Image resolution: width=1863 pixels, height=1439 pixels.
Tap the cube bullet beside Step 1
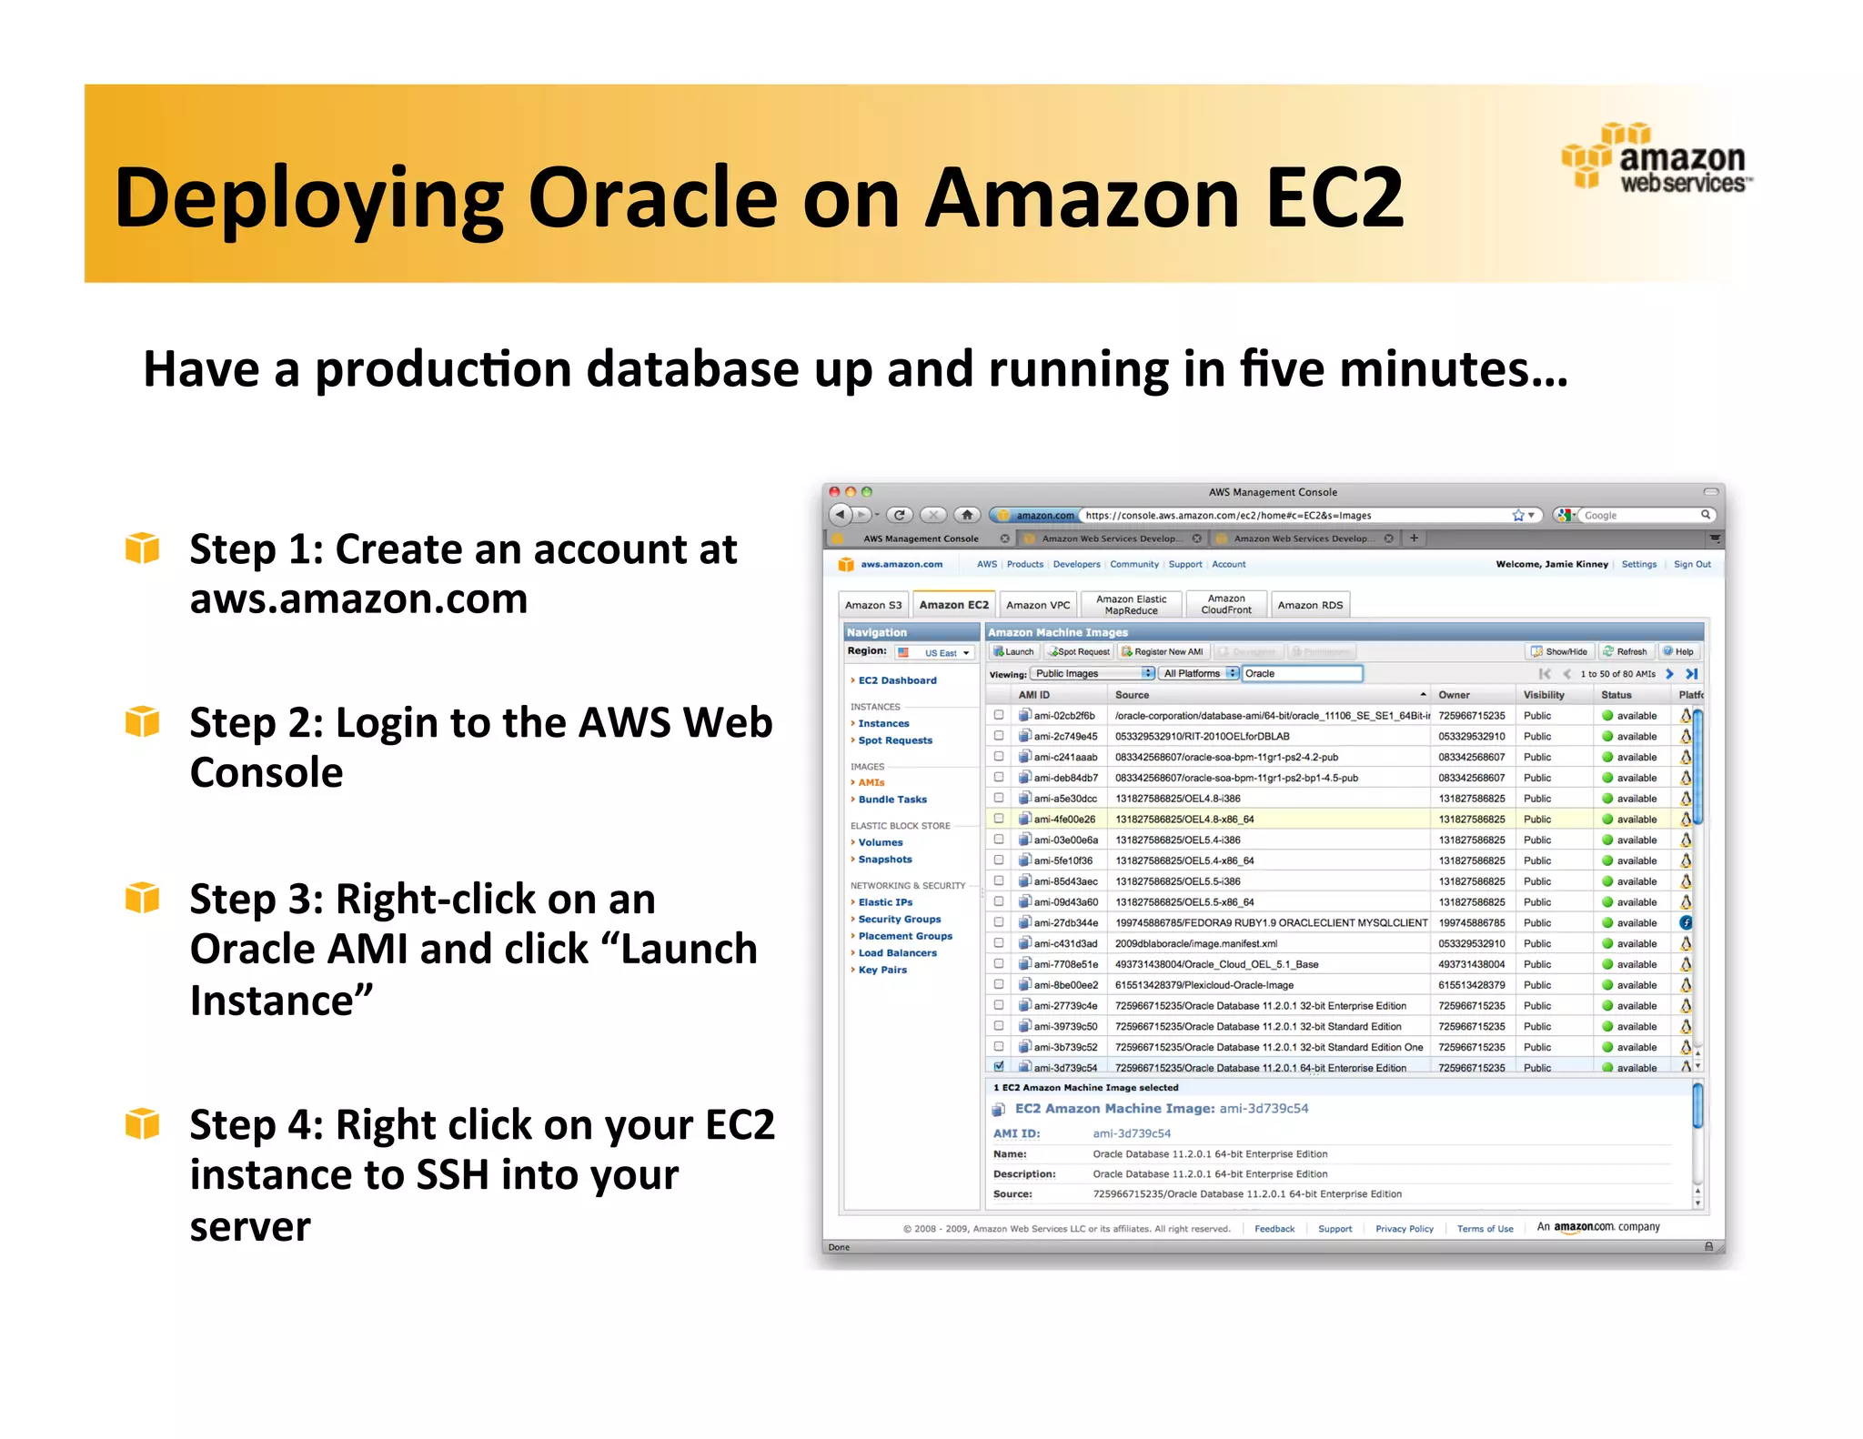click(x=143, y=548)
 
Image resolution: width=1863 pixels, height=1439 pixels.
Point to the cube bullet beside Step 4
click(x=143, y=1124)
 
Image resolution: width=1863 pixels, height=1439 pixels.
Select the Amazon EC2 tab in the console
click(x=953, y=605)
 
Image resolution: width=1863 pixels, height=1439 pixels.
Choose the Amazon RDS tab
click(x=1309, y=605)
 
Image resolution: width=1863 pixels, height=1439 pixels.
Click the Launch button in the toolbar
click(x=1014, y=651)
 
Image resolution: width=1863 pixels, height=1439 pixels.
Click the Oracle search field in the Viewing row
click(x=1302, y=674)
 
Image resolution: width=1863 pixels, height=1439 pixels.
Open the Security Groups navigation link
click(x=899, y=920)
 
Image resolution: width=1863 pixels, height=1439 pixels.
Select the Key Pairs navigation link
click(x=882, y=970)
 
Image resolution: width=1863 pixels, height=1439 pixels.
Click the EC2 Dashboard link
click(x=897, y=680)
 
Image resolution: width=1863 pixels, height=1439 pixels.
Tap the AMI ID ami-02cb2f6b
click(x=1064, y=716)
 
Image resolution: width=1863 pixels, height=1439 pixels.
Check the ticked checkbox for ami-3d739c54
click(x=999, y=1066)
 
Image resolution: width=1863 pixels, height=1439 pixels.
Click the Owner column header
click(x=1454, y=695)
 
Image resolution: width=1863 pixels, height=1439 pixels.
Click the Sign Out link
click(x=1692, y=564)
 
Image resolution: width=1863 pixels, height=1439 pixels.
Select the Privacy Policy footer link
click(x=1404, y=1229)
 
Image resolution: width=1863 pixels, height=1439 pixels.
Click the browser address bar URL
click(x=1228, y=516)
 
